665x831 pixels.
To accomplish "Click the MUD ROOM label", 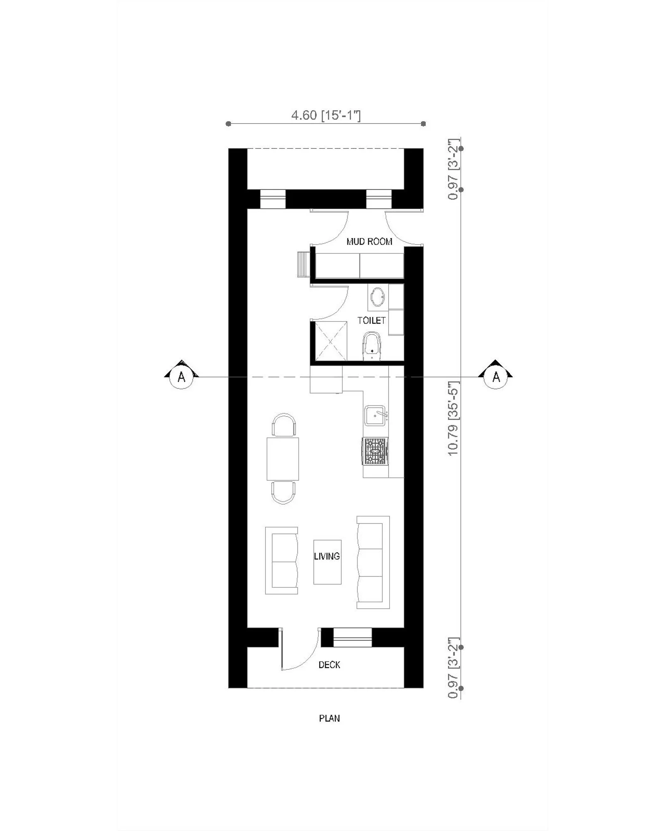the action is (x=369, y=241).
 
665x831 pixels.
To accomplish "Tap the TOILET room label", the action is (x=371, y=320).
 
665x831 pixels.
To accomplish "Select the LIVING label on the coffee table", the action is (x=327, y=556).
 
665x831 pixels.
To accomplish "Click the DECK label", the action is (x=329, y=665).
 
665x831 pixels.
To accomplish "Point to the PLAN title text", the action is (x=329, y=718).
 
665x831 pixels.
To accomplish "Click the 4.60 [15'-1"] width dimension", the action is (x=326, y=115).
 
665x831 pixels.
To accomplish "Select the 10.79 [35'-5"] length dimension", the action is (x=453, y=418).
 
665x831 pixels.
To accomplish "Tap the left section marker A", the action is (x=181, y=376).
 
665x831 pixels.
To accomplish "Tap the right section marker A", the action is (x=496, y=376).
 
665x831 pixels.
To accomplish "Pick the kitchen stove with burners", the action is (x=375, y=451).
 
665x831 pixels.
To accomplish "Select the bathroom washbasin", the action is (x=377, y=297).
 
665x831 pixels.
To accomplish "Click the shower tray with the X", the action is (x=330, y=341).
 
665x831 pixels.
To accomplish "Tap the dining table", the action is (x=283, y=459).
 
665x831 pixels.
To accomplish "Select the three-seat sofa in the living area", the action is (x=373, y=563).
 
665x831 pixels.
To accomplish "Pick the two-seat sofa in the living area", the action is (x=282, y=560).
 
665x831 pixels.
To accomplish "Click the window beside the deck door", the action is (x=352, y=637).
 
